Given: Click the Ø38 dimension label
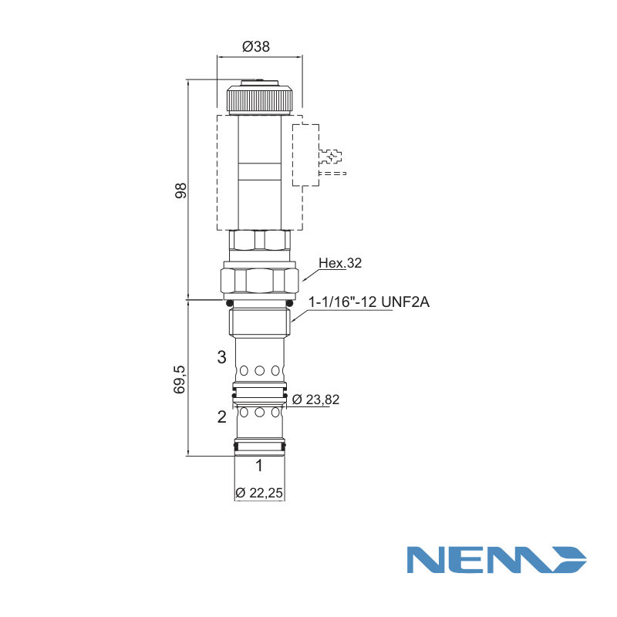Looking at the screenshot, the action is click(x=256, y=46).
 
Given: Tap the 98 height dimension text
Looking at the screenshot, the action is click(x=180, y=190).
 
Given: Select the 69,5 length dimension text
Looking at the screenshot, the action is click(x=179, y=379).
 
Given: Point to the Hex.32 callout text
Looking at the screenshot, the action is click(x=340, y=263).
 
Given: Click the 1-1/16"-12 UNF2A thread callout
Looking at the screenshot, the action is click(x=369, y=302).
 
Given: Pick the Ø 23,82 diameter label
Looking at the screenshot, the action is click(x=315, y=400).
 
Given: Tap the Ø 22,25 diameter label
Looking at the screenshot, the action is click(x=259, y=493).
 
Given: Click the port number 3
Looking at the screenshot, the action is click(x=222, y=357).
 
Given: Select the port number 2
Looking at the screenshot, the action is click(x=222, y=416).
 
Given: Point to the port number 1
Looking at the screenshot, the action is click(x=259, y=465).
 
